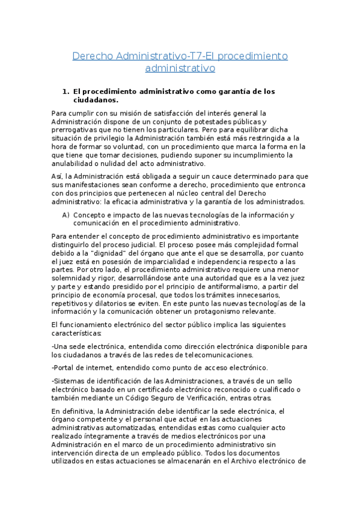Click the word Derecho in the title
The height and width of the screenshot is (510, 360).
93,56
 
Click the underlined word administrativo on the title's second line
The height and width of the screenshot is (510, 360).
180,69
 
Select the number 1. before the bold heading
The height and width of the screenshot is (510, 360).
66,92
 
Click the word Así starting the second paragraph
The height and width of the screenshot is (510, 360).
58,176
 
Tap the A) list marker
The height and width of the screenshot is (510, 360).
66,215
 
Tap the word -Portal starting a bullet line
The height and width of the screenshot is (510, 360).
64,367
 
